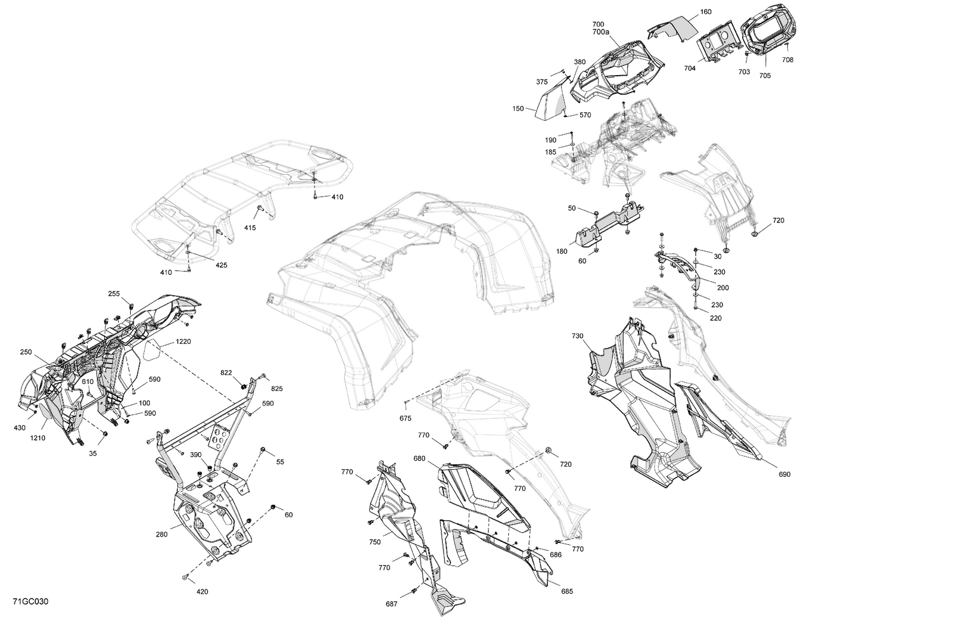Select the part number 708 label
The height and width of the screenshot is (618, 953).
coord(787,60)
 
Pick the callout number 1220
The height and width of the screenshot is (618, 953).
coord(183,341)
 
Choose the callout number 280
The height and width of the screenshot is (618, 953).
coord(161,535)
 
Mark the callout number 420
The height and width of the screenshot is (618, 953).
coord(202,592)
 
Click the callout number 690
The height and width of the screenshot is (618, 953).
coord(784,474)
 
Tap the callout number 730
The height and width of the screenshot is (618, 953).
coord(577,336)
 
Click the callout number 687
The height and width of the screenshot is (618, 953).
coord(392,604)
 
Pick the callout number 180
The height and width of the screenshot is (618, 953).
coord(562,252)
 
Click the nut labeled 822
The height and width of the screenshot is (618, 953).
coord(243,387)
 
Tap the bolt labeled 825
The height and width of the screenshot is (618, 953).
coord(264,377)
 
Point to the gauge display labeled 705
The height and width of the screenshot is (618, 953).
coord(766,32)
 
